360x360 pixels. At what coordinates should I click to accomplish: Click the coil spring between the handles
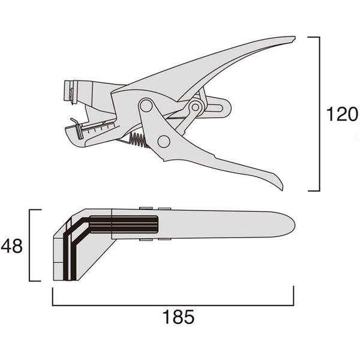tap(139, 140)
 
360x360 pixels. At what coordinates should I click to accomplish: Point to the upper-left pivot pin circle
tap(145, 106)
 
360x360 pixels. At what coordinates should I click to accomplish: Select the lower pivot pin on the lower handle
tap(163, 142)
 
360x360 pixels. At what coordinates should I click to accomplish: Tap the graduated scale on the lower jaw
tap(99, 127)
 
